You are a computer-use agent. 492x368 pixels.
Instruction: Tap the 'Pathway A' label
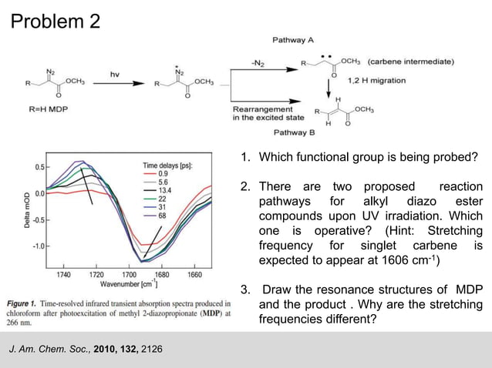click(x=293, y=39)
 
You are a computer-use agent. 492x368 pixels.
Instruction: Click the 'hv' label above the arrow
click(x=115, y=74)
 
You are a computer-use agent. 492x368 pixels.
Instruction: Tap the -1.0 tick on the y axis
click(x=35, y=246)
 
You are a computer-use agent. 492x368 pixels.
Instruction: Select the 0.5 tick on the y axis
click(x=38, y=166)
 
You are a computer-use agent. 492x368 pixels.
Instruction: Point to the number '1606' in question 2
click(x=400, y=262)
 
